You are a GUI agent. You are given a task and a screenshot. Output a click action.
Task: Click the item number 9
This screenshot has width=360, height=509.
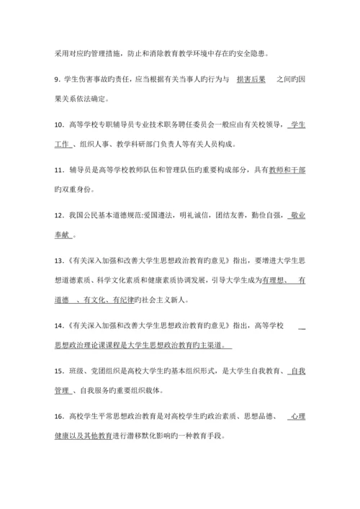(x=58, y=77)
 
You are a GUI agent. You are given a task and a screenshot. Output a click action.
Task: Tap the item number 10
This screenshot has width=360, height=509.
(x=60, y=125)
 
